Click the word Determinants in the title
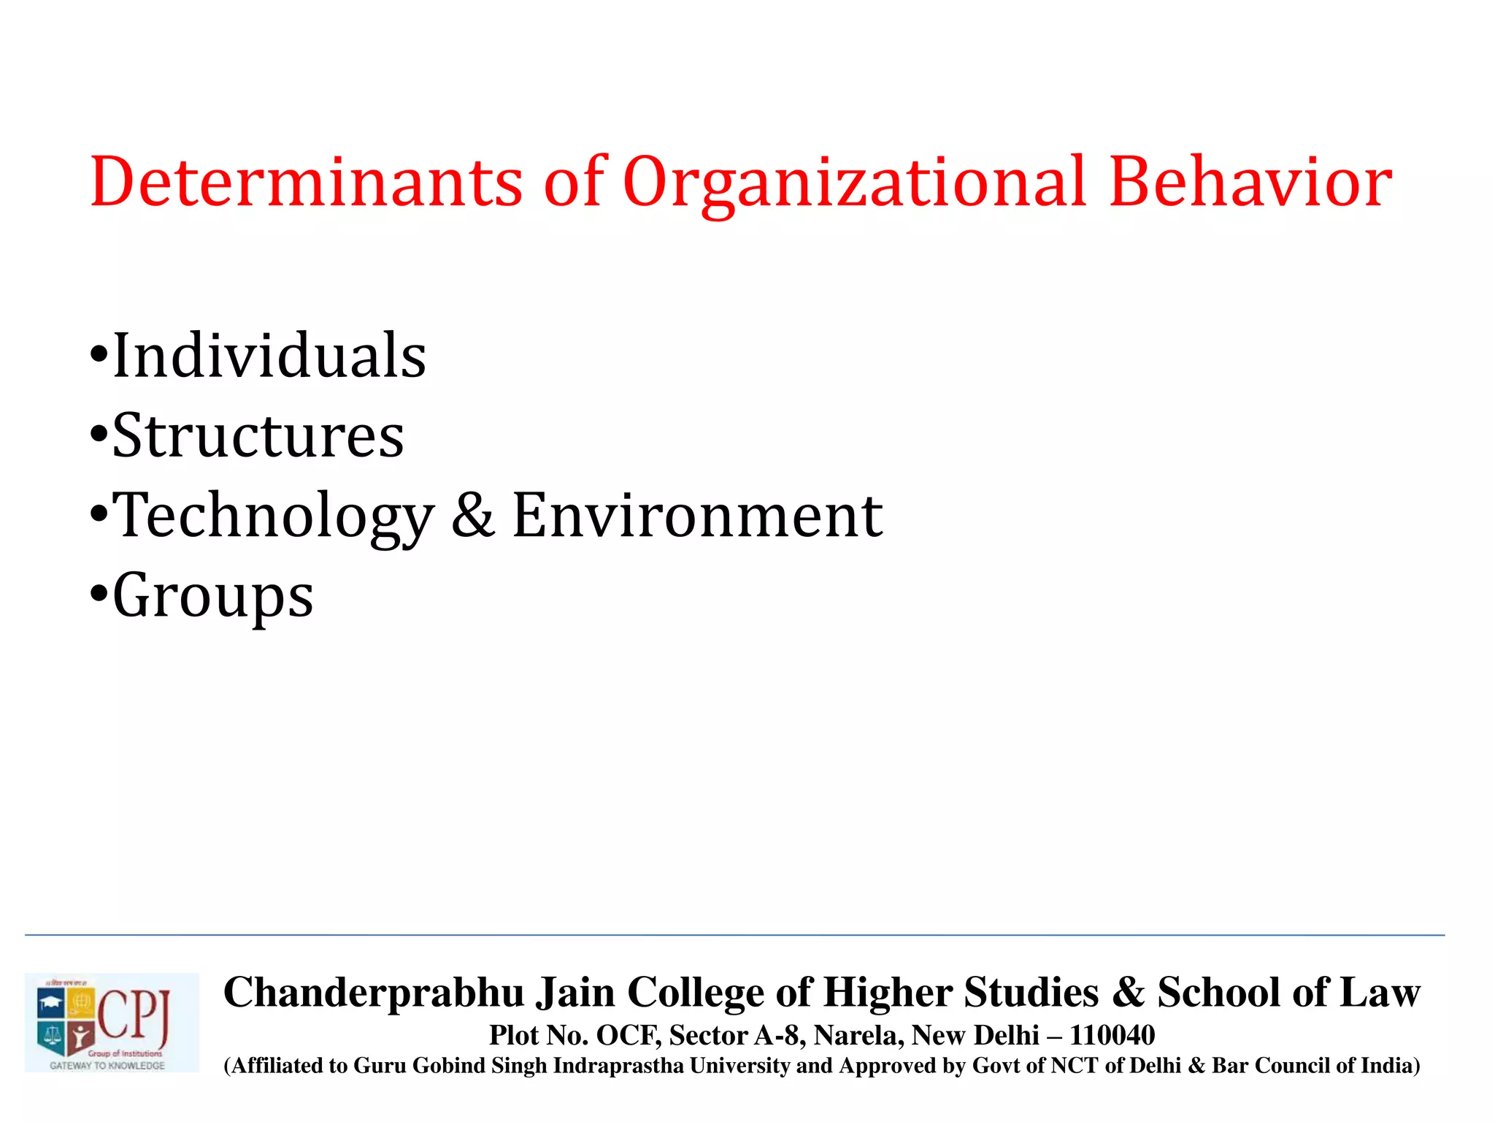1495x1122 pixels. (307, 182)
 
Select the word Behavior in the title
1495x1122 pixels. (1250, 182)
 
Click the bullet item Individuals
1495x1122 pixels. (269, 356)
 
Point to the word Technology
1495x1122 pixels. (274, 517)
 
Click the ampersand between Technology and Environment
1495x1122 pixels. (473, 515)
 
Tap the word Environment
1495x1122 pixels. (697, 515)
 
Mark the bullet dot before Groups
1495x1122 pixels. (98, 593)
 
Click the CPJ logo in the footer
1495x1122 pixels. (111, 1022)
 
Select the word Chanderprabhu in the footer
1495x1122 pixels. (374, 993)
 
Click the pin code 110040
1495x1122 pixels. (1112, 1035)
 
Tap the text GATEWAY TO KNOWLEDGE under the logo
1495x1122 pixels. (107, 1066)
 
